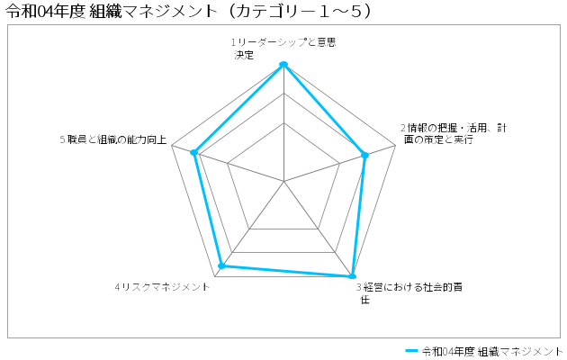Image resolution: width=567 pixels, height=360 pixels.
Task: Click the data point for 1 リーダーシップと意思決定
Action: (283, 64)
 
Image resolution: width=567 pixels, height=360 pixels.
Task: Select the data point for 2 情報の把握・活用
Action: (364, 156)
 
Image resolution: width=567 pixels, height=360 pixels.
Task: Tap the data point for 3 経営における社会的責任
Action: (352, 276)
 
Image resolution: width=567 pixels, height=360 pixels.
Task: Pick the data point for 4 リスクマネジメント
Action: (222, 266)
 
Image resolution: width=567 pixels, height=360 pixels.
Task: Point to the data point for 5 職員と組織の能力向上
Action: (194, 152)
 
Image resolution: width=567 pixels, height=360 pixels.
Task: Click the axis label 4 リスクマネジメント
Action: (162, 287)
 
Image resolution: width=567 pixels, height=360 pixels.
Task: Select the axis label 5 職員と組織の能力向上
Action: (113, 139)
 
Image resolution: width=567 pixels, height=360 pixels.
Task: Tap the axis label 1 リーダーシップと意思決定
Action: (283, 49)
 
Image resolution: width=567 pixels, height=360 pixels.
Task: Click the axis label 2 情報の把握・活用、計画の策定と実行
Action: (454, 134)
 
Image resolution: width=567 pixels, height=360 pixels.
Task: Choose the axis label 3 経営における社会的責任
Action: (409, 293)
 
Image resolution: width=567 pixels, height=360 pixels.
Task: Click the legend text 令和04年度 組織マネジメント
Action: (492, 351)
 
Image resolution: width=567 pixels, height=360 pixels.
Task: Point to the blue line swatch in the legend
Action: (411, 351)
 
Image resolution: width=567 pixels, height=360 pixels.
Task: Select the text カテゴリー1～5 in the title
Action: (298, 12)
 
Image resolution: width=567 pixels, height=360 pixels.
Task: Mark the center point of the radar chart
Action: (283, 181)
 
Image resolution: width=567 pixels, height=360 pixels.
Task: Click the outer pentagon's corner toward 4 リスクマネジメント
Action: (215, 276)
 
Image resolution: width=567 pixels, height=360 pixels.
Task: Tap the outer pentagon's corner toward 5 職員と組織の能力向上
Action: (172, 145)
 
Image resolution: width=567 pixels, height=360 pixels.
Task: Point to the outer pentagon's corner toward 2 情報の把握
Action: (396, 145)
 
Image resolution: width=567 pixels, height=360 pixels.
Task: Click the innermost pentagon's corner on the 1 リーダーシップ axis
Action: (283, 122)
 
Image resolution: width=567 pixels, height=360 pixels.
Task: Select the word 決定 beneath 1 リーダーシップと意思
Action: (244, 55)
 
